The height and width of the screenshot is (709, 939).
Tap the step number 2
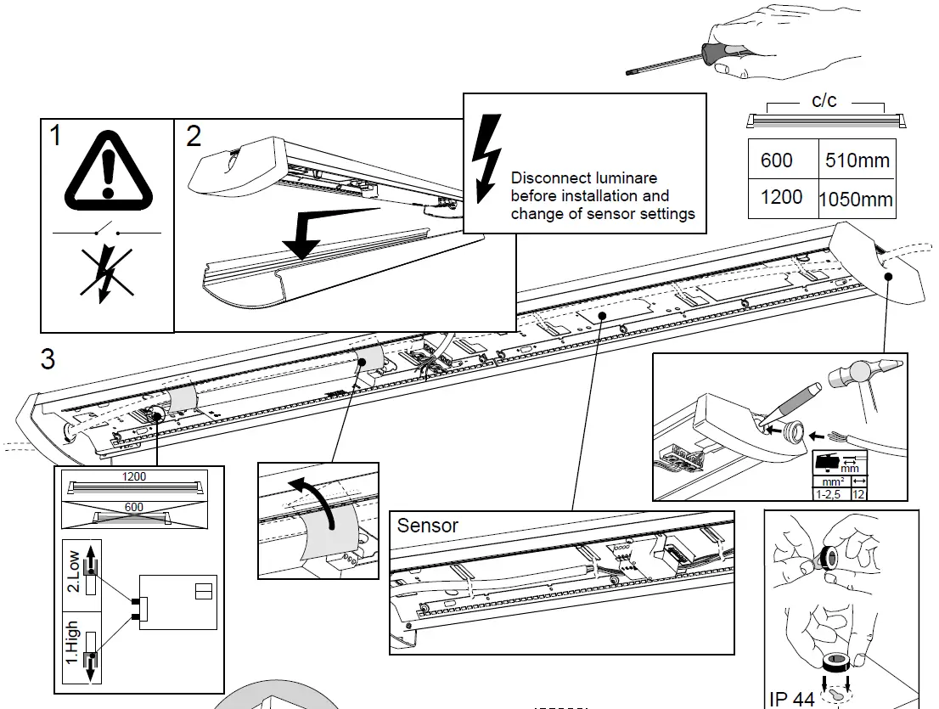194,137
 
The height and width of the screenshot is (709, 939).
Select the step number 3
48,359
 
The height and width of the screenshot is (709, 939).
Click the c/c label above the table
823,101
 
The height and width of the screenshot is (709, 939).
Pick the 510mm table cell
857,160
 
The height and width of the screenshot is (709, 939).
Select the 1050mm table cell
855,200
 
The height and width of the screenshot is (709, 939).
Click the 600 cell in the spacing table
777,160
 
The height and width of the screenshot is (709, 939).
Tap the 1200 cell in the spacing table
781,197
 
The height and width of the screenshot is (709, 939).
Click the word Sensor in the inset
427,526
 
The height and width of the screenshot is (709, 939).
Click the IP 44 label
791,699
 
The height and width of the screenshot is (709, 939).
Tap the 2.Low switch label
75,573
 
